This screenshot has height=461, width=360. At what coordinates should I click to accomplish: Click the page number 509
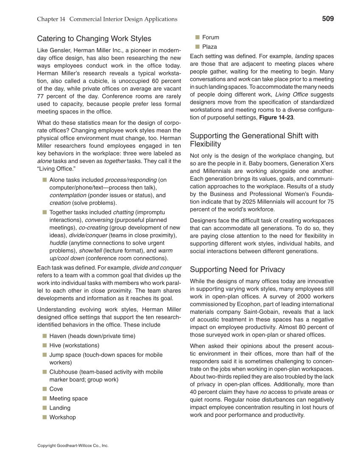327,19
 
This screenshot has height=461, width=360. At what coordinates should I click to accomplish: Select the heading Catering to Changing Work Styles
94,39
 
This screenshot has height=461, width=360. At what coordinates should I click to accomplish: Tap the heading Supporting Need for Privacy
237,269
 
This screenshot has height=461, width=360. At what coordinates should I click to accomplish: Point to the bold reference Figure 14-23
276,117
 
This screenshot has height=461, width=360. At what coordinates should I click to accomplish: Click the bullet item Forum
211,37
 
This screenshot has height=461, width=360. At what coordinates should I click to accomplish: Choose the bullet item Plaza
209,47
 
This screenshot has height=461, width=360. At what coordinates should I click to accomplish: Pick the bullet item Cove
56,389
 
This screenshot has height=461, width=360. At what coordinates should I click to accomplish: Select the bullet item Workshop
62,417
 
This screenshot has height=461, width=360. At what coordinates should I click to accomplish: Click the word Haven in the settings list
58,336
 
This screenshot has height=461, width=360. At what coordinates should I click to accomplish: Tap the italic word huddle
58,243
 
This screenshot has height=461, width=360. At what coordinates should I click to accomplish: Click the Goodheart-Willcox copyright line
73,446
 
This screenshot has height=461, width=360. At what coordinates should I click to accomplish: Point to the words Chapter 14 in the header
51,19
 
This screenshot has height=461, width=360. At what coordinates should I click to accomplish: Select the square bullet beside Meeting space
44,398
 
